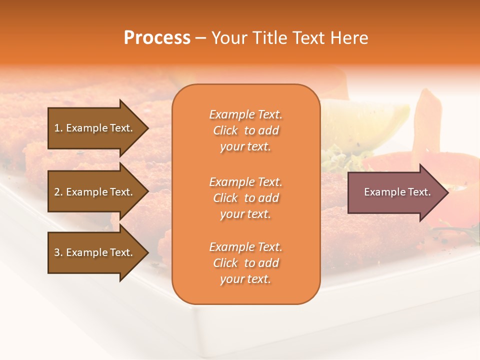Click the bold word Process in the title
click(x=157, y=38)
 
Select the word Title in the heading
click(x=270, y=38)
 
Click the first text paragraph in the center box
click(x=245, y=130)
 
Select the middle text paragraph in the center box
click(x=245, y=198)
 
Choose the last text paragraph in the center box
click(x=245, y=263)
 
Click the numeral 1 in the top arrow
click(x=56, y=128)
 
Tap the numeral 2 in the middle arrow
click(x=57, y=192)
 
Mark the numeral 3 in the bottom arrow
click(x=57, y=252)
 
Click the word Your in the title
click(x=229, y=38)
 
